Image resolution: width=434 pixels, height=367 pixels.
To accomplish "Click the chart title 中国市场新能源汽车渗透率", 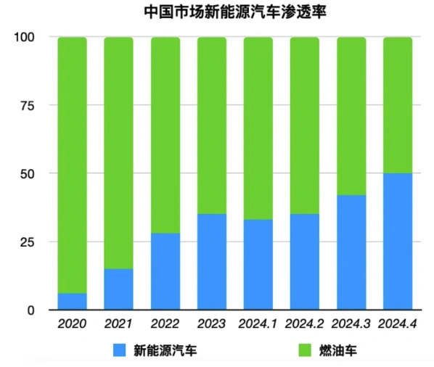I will tap(216, 12).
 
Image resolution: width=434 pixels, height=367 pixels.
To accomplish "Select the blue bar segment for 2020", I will tap(72, 301).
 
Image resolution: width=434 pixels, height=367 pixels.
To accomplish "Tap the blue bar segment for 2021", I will tap(118, 289).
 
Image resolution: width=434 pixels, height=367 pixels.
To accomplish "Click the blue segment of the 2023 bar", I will tap(211, 262).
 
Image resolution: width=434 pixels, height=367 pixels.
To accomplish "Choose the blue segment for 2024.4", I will tap(398, 242).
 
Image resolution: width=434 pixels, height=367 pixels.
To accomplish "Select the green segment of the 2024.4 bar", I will tap(398, 105).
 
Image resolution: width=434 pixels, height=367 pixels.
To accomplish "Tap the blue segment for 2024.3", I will tap(351, 252).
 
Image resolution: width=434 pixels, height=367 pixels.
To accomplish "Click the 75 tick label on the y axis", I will tap(28, 105).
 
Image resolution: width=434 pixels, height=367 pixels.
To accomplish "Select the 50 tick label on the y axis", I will tap(28, 173).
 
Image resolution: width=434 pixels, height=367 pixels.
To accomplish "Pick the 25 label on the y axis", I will tap(28, 242).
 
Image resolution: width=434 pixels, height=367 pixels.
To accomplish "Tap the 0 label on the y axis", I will tap(30, 310).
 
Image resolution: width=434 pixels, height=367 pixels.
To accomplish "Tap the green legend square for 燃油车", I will tap(306, 351).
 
